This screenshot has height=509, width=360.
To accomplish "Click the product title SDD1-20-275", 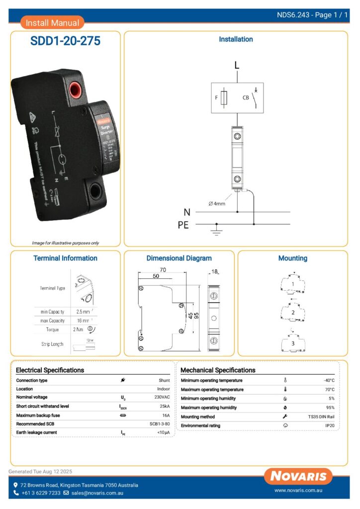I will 65,41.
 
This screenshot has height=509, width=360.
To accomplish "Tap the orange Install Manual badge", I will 52,23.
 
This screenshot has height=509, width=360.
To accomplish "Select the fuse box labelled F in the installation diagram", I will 225,98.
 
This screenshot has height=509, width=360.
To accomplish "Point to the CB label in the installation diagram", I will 246,98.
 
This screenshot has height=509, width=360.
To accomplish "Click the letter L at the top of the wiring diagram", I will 237,65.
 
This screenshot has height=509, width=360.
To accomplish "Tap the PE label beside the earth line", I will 183,225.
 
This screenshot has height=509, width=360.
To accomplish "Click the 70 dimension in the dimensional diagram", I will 163,270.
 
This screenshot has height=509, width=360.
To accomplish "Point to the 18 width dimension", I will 214,272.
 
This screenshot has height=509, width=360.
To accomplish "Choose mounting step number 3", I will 293,343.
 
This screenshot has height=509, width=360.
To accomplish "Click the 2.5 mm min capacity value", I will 83,312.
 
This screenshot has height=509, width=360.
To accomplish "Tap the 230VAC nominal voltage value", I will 162,398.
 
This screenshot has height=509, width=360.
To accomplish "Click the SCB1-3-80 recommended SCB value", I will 160,424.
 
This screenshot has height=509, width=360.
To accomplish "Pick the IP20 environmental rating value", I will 330,426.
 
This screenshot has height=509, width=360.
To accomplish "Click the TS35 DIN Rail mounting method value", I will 321,417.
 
